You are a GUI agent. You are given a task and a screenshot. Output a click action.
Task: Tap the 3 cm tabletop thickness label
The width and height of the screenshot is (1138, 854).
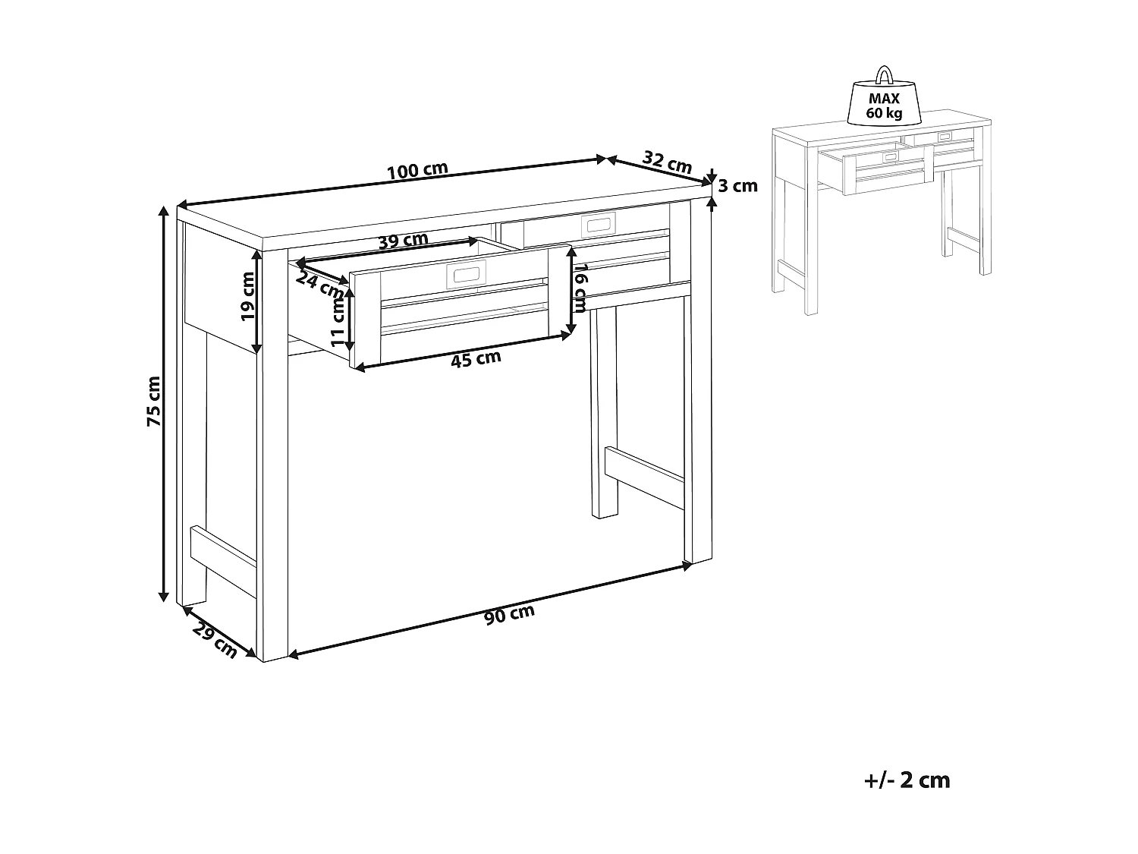tap(737, 185)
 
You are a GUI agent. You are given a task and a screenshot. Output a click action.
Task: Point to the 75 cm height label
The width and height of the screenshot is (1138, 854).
tap(154, 400)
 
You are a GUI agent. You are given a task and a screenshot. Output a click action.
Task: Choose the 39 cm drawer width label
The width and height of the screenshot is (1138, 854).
tap(403, 241)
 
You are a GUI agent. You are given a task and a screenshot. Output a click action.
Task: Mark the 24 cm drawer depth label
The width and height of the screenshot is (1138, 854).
tap(319, 284)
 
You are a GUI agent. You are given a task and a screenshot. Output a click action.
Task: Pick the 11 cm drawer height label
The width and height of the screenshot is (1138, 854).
tap(338, 320)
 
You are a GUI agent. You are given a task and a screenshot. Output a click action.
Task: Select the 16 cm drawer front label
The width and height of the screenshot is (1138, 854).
tap(580, 288)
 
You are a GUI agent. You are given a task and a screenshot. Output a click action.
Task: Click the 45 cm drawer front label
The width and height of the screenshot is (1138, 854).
tap(476, 359)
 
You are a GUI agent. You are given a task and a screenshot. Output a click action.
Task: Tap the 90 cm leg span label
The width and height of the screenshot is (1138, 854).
tap(509, 615)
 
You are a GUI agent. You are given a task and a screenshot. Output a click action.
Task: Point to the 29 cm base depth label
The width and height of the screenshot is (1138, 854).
tap(215, 638)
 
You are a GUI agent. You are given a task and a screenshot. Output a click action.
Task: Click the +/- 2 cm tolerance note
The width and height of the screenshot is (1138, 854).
tap(907, 780)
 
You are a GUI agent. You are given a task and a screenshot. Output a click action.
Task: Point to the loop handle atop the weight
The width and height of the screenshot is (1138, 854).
tap(885, 74)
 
